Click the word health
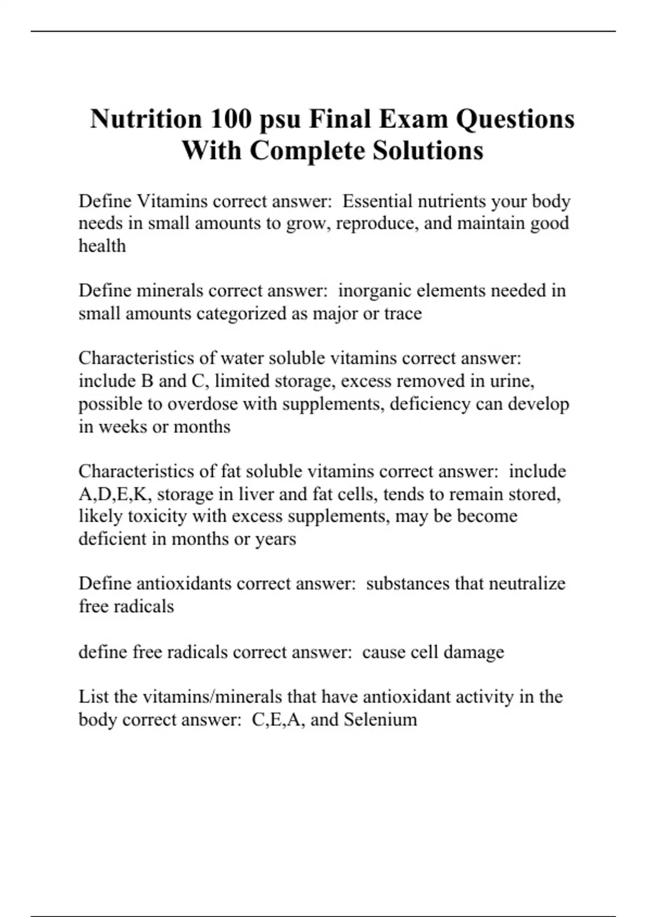pos(102,246)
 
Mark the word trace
pos(403,313)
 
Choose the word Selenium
pos(380,720)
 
